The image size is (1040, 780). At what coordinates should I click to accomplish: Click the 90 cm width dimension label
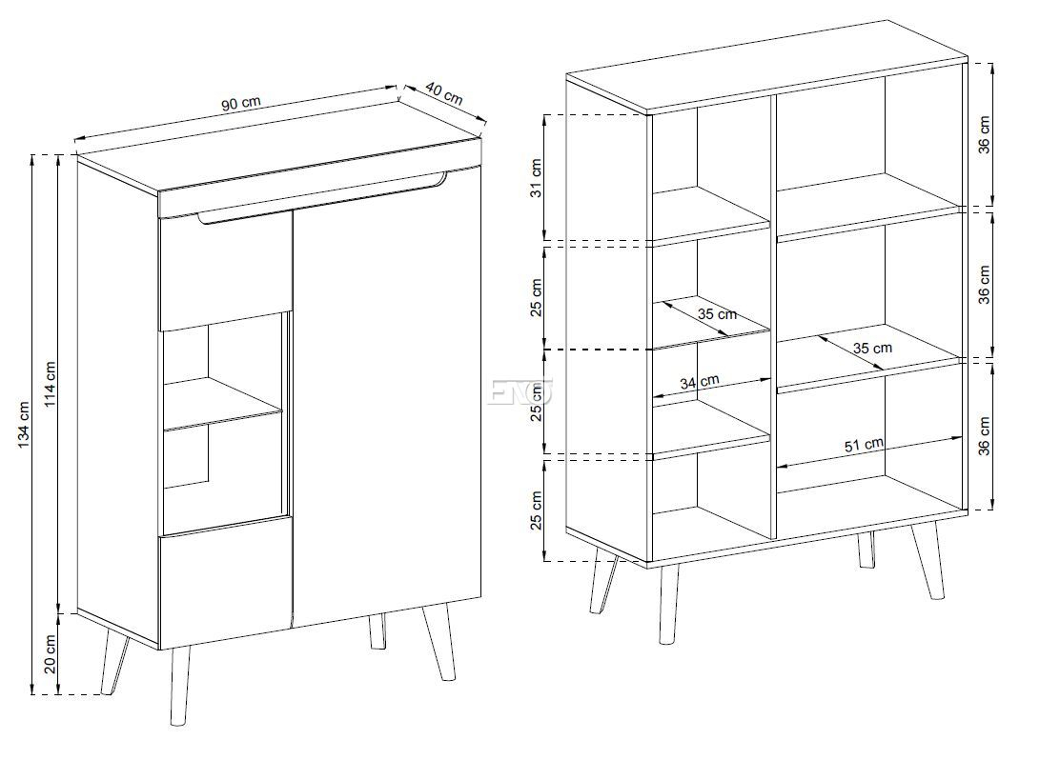pos(241,104)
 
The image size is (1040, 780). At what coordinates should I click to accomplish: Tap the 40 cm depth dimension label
pos(443,93)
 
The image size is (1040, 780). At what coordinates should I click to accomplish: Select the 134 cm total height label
pos(25,424)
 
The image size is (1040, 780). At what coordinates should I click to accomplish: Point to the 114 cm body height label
pos(51,385)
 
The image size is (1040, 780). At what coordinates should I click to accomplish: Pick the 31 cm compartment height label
pos(536,177)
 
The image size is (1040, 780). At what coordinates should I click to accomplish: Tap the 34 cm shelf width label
pos(699,382)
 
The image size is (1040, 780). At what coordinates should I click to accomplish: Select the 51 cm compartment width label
pos(864,445)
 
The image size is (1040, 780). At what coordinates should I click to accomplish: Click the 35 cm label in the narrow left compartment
pos(717,313)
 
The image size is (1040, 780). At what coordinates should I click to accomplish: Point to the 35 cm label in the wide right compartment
pos(872,348)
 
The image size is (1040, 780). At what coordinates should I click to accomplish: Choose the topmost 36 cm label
pos(984,135)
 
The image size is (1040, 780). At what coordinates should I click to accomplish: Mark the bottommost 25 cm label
pos(536,510)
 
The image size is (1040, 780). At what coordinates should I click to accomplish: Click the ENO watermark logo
pos(520,391)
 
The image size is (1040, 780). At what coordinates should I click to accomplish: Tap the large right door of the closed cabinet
pos(387,398)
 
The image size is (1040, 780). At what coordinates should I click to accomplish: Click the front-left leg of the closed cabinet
pos(178,687)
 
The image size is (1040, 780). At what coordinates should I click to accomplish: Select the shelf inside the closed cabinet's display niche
pos(223,404)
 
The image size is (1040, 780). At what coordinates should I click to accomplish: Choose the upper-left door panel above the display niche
pos(226,269)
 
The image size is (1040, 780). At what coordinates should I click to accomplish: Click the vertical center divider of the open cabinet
pos(773,315)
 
